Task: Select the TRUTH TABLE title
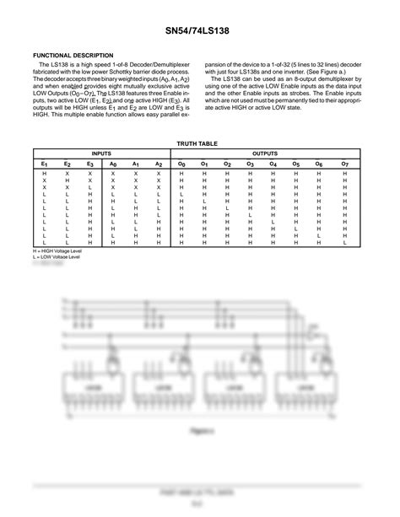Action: pyautogui.click(x=200, y=143)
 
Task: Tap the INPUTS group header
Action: pyautogui.click(x=102, y=153)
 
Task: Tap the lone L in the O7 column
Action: pyautogui.click(x=345, y=242)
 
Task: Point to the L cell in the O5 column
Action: pyautogui.click(x=296, y=229)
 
